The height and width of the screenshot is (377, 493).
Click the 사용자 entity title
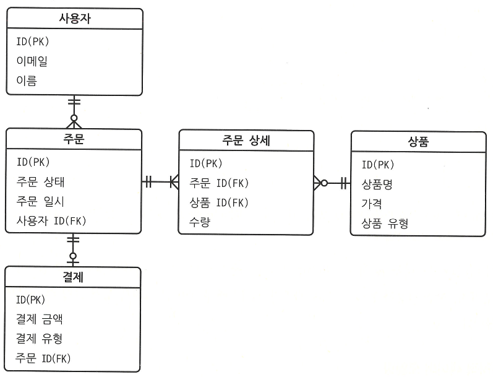(74, 19)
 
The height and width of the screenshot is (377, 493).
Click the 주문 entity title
(74, 140)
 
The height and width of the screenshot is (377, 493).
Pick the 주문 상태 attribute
(41, 182)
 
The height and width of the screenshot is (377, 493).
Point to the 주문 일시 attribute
(41, 201)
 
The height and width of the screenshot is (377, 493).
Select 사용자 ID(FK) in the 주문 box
(51, 221)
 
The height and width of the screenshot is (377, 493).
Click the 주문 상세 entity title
(246, 141)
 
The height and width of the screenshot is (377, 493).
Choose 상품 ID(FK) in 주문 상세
(219, 202)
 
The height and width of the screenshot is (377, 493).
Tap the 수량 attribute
(200, 222)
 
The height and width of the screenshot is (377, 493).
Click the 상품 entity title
(418, 142)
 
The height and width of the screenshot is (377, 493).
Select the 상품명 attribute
(377, 184)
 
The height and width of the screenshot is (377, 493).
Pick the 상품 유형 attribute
(385, 223)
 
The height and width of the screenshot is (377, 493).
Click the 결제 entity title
(74, 277)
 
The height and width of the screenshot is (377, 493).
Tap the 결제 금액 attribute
(40, 319)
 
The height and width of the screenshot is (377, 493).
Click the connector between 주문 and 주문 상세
(160, 182)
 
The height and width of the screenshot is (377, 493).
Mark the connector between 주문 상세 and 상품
(332, 183)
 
